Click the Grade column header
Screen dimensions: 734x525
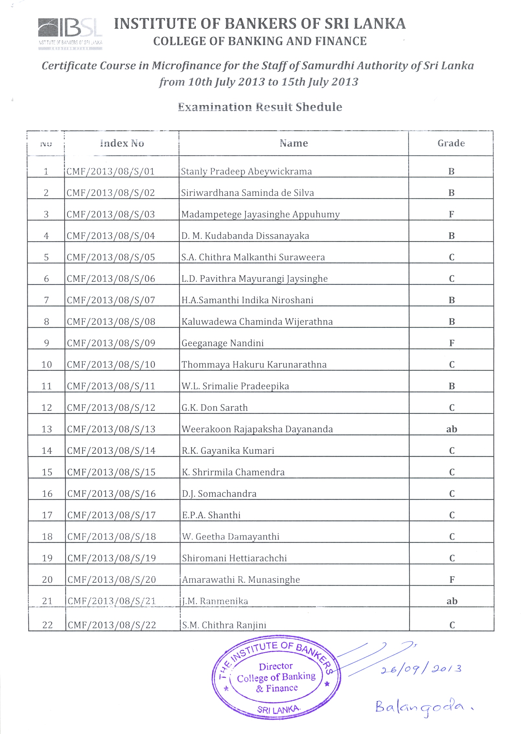click(x=451, y=143)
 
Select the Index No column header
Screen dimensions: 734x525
click(x=122, y=143)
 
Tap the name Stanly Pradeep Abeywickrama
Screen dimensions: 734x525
click(x=246, y=171)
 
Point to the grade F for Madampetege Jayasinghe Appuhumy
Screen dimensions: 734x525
click(x=451, y=214)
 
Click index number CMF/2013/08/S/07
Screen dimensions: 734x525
click(x=111, y=300)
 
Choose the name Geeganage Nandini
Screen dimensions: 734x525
click(x=223, y=343)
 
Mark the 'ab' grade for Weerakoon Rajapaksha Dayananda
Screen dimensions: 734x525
click(x=451, y=429)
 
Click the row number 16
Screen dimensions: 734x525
click(x=47, y=494)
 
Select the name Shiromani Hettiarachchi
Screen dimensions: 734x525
click(x=234, y=558)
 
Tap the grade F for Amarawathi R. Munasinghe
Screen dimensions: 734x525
click(x=452, y=579)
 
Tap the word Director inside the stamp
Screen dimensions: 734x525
click(x=276, y=666)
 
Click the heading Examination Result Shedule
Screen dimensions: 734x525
click(x=260, y=107)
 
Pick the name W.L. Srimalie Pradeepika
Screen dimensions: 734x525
click(x=235, y=386)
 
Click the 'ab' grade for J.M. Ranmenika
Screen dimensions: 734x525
click(x=452, y=601)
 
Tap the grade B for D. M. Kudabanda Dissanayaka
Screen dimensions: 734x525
click(x=451, y=236)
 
